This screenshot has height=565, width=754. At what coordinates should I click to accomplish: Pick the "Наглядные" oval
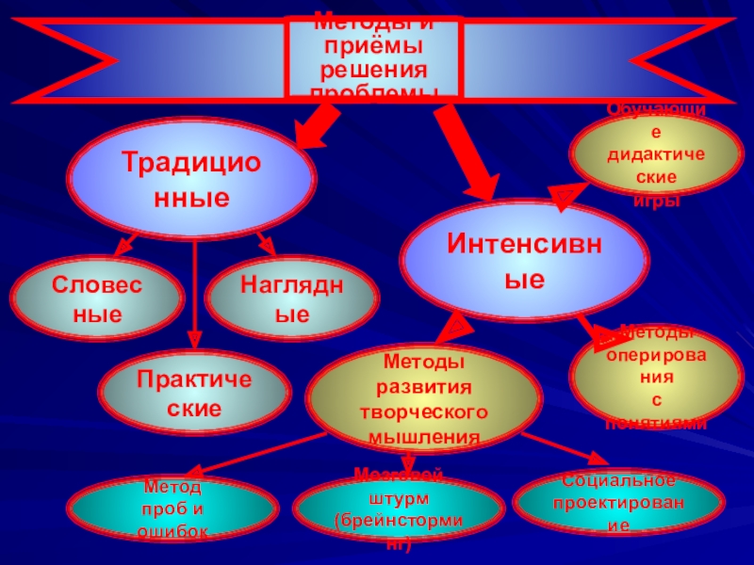point(292,299)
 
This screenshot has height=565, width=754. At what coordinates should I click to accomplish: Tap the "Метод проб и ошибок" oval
point(175,509)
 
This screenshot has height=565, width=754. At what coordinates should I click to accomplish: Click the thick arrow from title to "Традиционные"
point(320,123)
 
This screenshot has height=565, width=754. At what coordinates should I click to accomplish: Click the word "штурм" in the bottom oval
point(408,497)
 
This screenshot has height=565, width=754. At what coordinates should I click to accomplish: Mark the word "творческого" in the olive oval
point(422,412)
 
